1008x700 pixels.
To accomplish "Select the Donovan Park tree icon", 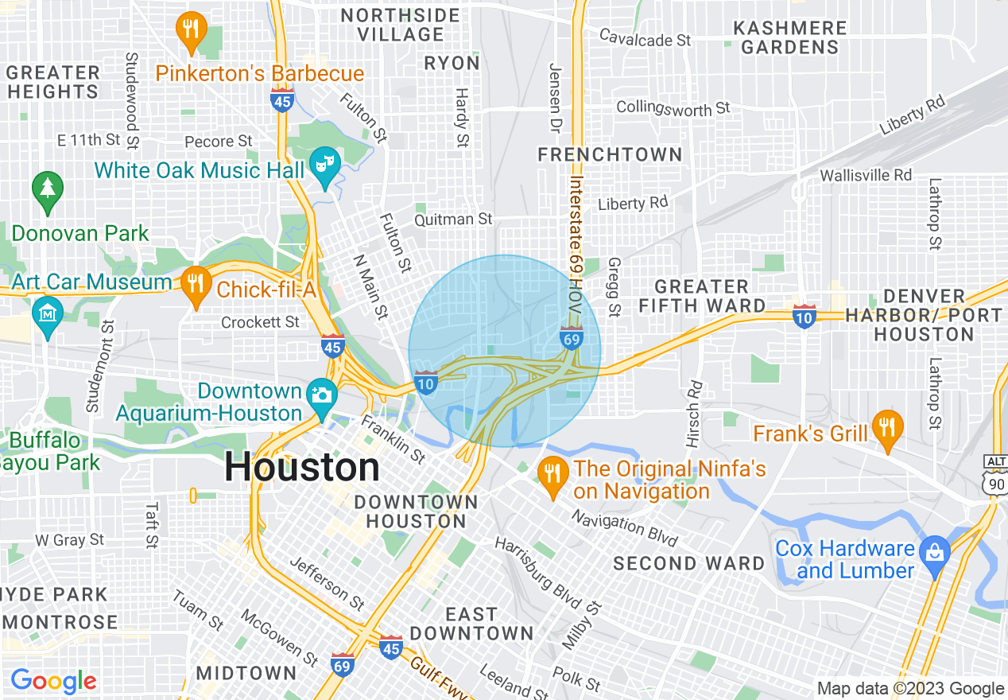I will tap(48, 191).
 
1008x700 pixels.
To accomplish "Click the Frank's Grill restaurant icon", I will tap(887, 428).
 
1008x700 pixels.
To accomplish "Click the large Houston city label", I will tap(302, 467).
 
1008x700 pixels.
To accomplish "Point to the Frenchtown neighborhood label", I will tap(610, 154).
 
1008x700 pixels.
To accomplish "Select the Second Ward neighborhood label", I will tap(688, 563).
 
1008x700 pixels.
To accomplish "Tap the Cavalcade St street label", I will tap(645, 37).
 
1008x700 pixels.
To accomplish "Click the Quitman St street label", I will tap(453, 219).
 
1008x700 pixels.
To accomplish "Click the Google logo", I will tap(53, 680).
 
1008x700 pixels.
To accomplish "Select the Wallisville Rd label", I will tap(866, 174).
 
